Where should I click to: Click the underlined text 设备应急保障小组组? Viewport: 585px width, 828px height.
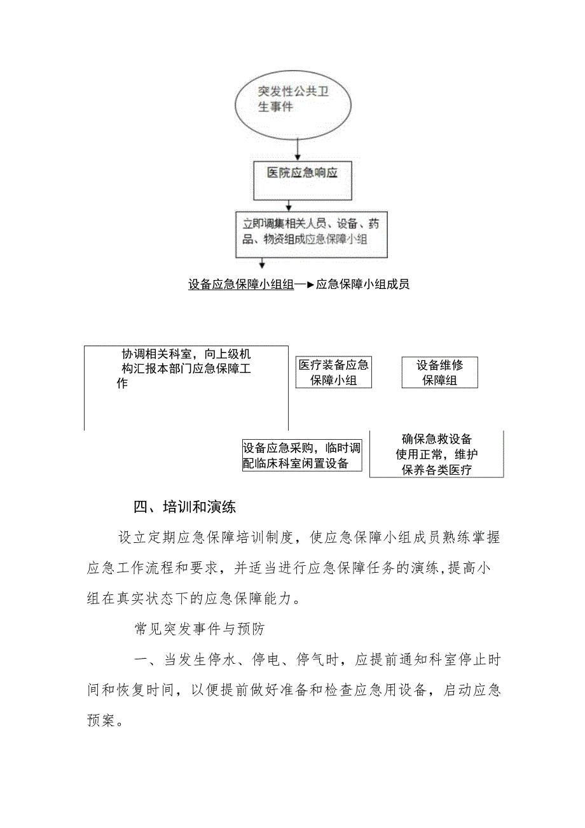pos(241,284)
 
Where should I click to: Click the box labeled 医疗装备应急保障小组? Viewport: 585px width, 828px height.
pos(333,373)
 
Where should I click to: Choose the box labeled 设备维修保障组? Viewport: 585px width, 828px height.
pos(439,373)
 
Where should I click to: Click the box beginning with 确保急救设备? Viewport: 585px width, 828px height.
pos(436,454)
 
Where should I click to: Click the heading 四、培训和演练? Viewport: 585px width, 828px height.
pos(184,508)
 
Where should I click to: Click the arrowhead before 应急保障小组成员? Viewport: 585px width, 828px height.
pos(311,284)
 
